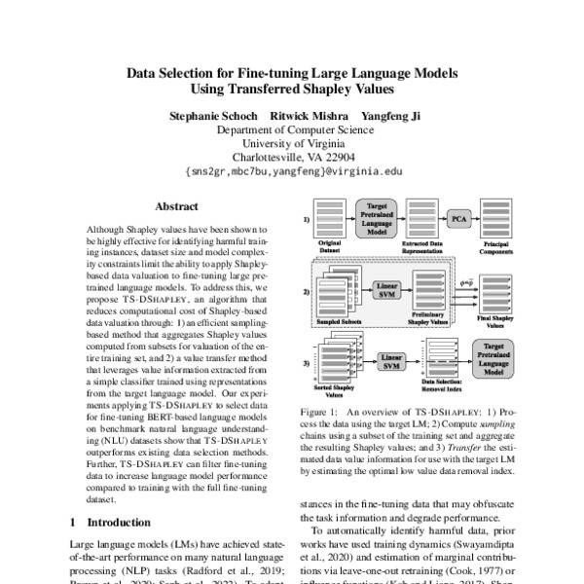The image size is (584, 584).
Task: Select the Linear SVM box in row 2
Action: (383, 290)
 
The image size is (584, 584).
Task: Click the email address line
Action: (292, 169)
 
